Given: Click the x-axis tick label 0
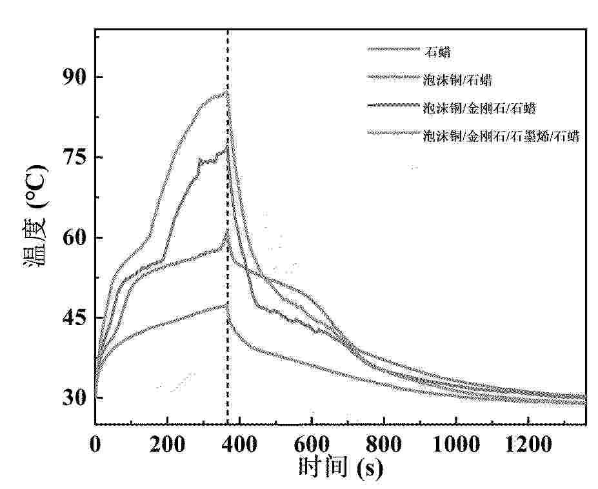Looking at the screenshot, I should click(x=95, y=444).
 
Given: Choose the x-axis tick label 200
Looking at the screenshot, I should click(x=167, y=444).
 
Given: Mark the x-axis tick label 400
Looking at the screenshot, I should click(x=239, y=444).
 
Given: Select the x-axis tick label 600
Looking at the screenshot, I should click(x=312, y=444).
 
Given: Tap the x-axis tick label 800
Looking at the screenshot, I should click(x=384, y=444).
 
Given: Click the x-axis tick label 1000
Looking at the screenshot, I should click(x=456, y=444).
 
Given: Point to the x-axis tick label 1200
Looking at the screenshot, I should click(x=528, y=444).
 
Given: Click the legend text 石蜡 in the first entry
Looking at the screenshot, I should click(x=433, y=49).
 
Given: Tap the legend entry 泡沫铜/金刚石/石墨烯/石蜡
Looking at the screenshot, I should click(x=501, y=135).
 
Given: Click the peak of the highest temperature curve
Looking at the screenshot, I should click(x=227, y=92).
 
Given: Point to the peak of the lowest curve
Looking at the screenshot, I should click(x=226, y=304).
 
